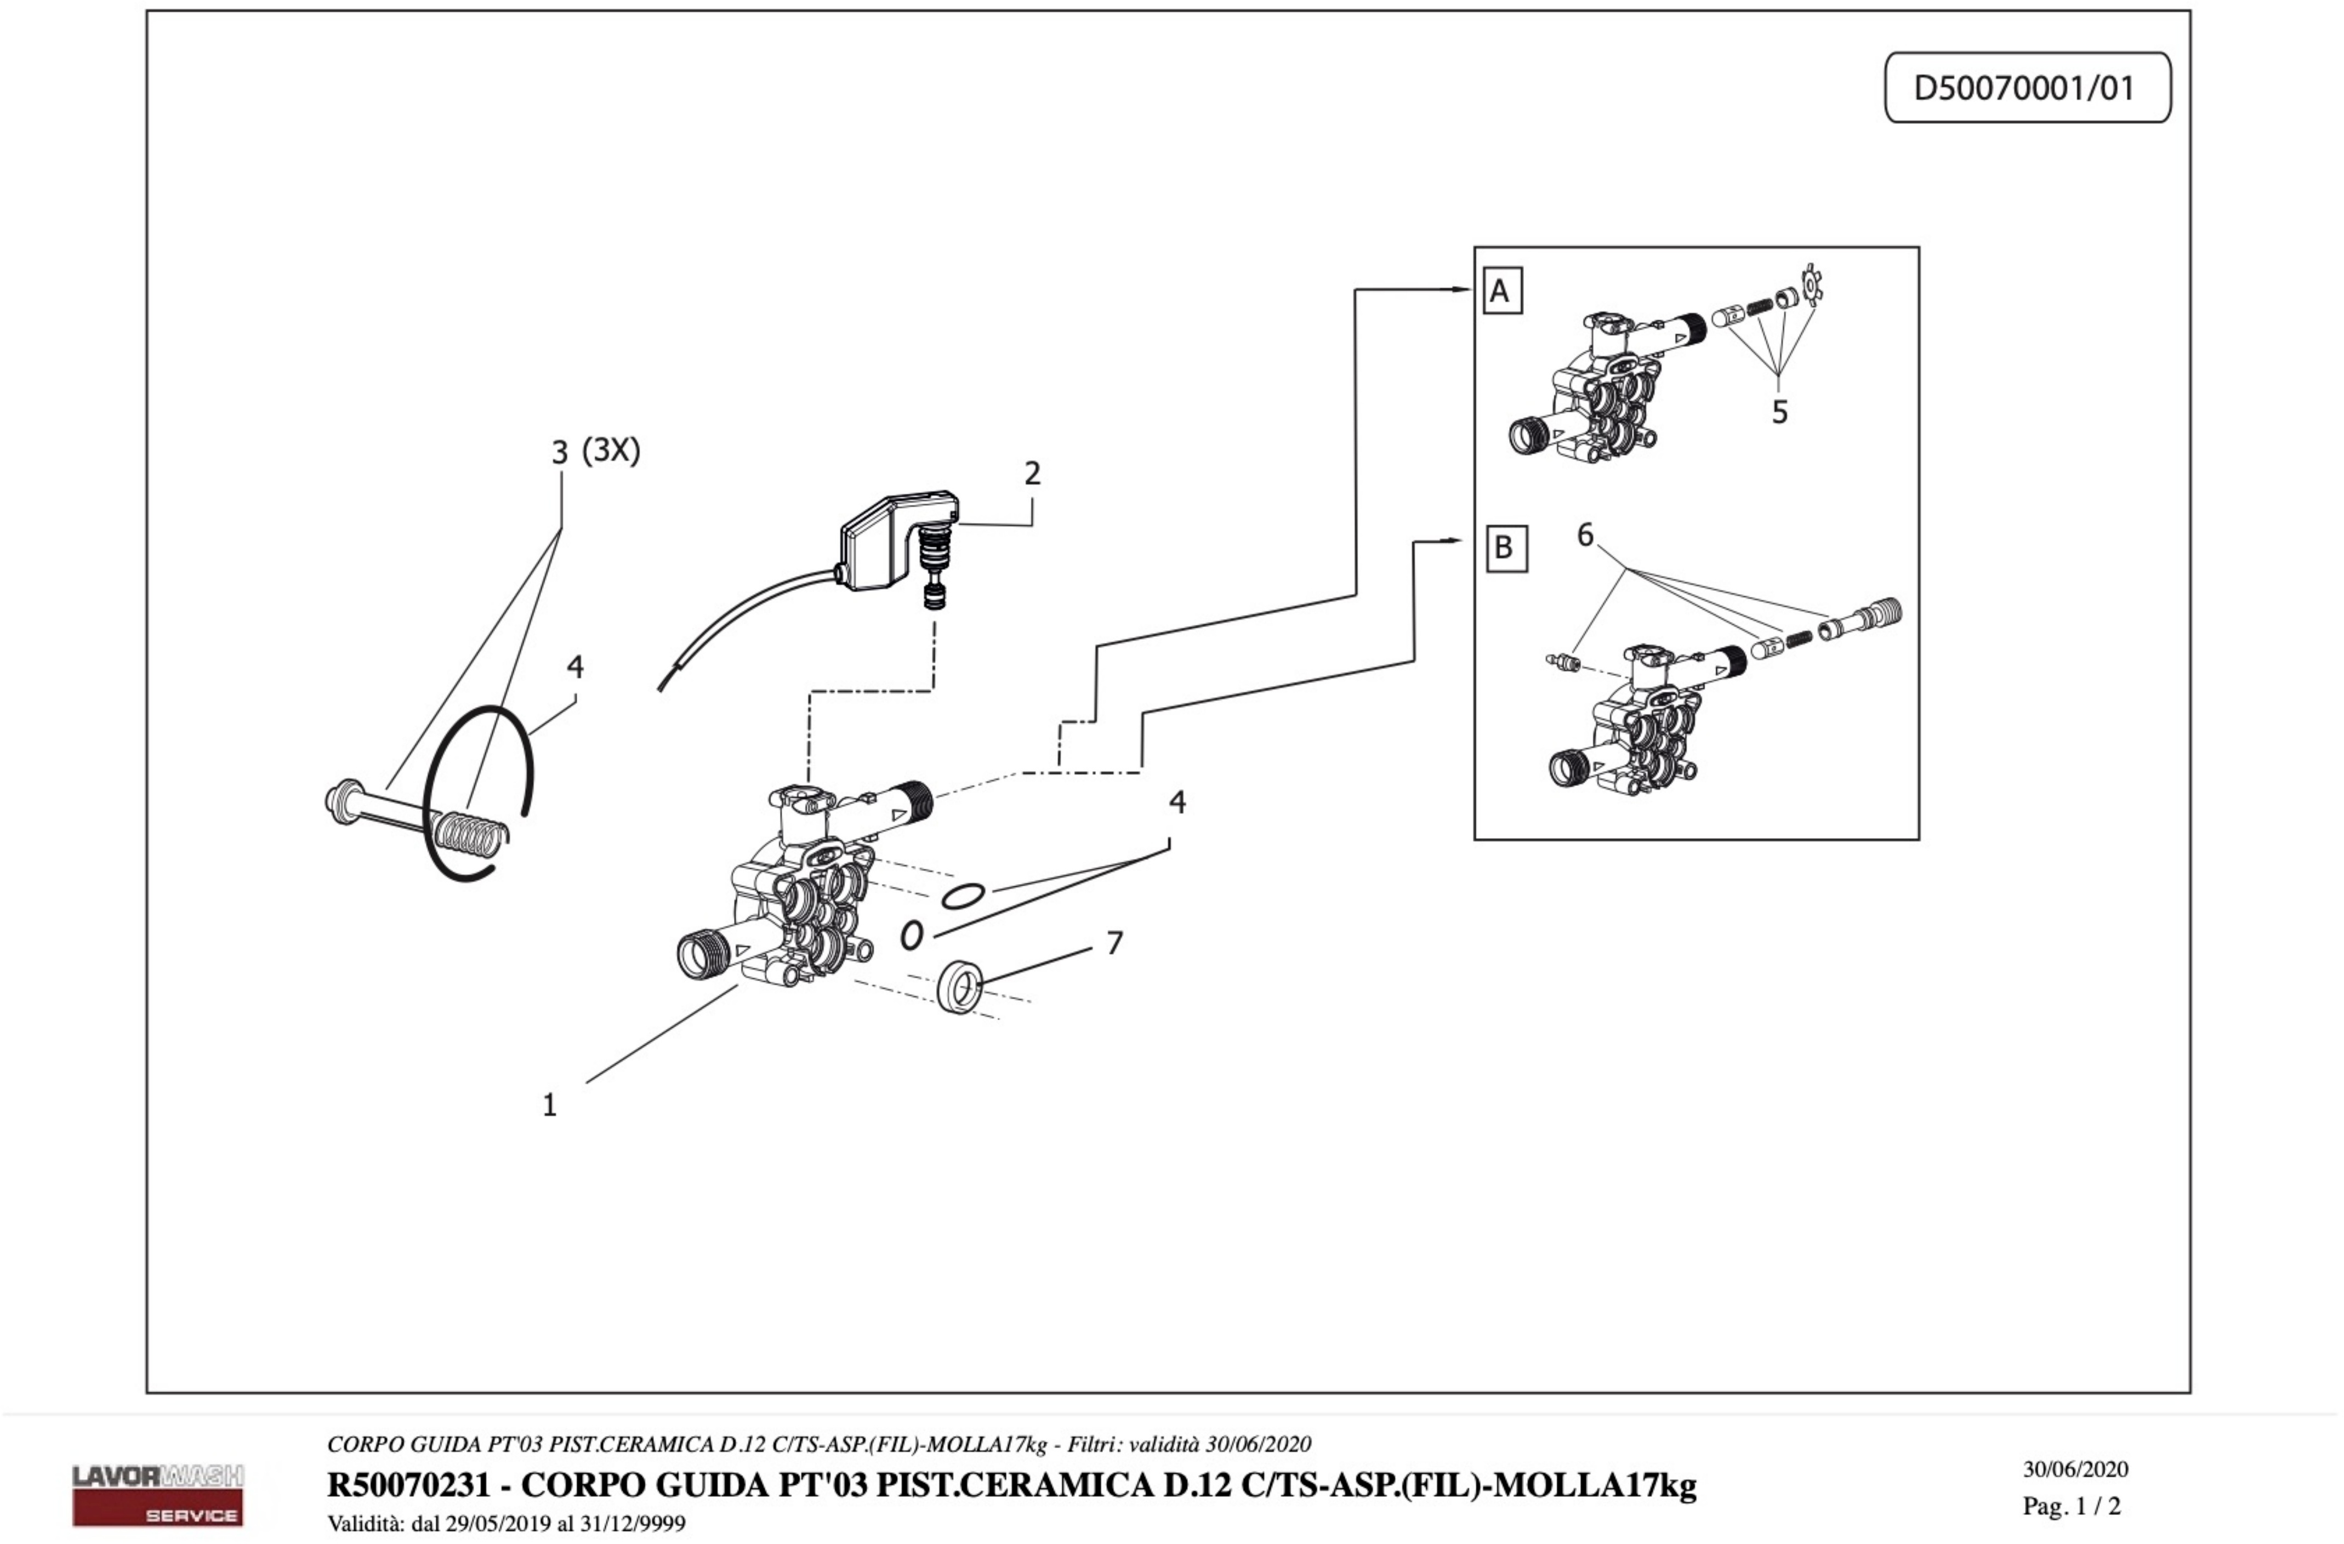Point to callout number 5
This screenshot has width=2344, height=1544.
pos(1779,412)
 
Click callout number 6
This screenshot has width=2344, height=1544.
pos(1585,535)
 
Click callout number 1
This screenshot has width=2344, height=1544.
pos(550,1105)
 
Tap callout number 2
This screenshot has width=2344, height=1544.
pos(1031,474)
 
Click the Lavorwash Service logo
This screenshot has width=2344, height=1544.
pos(157,1494)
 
